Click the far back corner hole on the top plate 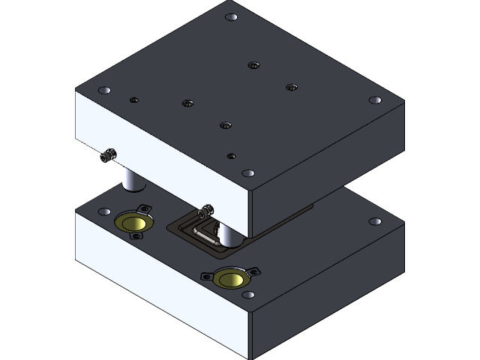coord(232,16)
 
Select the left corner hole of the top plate coord(103,90)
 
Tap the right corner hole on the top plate coord(374,100)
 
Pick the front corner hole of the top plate coord(247,172)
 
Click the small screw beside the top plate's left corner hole coord(134,99)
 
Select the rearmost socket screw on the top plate coord(253,65)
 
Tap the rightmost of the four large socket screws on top coord(291,87)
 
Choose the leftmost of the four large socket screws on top coord(187,102)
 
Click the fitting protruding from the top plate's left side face coord(109,156)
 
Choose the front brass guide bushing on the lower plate coord(230,279)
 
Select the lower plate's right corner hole coord(374,223)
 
